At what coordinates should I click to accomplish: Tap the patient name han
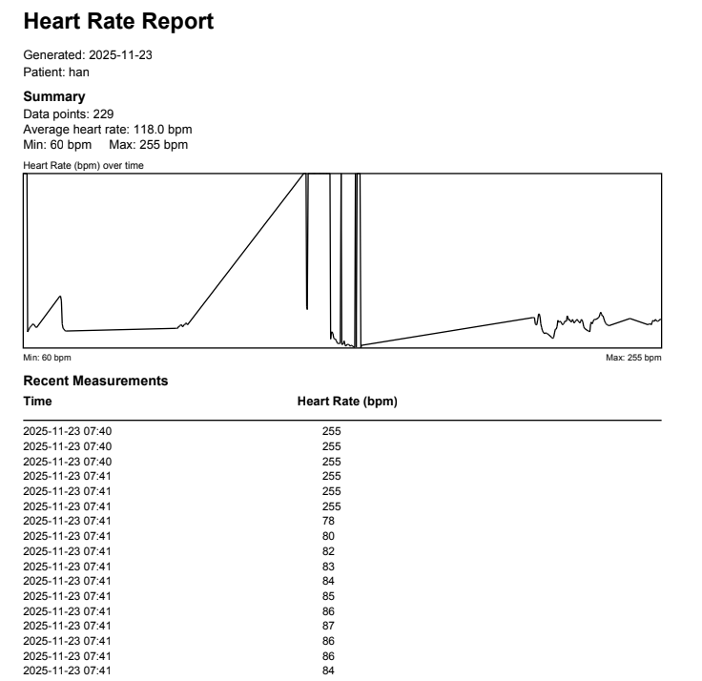click(80, 72)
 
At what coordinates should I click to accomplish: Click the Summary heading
click(53, 97)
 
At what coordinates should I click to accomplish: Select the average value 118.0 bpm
click(159, 130)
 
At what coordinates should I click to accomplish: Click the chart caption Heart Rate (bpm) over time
click(82, 165)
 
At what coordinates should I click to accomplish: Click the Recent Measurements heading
click(95, 381)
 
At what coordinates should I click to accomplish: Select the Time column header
click(37, 402)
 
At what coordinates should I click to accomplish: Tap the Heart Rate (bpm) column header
click(347, 402)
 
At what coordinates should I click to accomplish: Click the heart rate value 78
click(329, 521)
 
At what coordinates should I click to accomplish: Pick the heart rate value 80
click(329, 536)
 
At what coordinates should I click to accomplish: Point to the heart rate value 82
click(329, 551)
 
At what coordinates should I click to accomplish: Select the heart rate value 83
click(329, 567)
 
